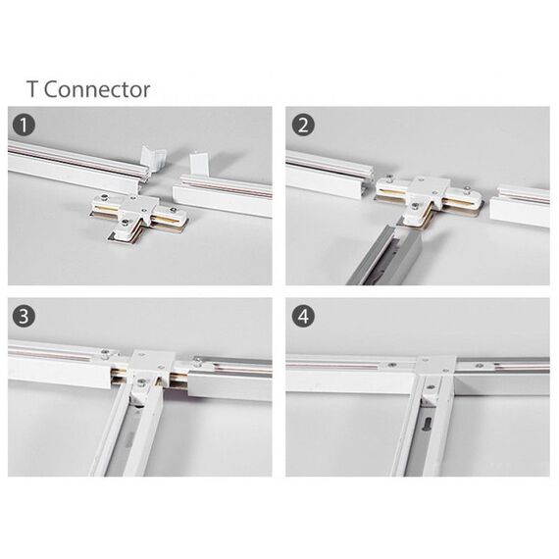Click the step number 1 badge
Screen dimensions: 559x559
[x=24, y=126]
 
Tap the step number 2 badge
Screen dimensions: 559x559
[x=303, y=126]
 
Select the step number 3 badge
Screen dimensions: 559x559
[x=24, y=316]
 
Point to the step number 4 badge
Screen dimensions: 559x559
[x=303, y=316]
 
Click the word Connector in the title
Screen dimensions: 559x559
[x=97, y=89]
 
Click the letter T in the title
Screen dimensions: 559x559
[x=31, y=89]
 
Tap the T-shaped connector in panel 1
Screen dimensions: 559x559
[x=139, y=217]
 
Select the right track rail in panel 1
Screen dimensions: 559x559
[x=222, y=194]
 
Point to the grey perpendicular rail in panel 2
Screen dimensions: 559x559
[x=384, y=255]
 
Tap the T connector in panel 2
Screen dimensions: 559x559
[x=429, y=200]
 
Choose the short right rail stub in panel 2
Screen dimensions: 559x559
[x=520, y=205]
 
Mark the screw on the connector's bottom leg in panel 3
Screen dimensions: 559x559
[x=141, y=382]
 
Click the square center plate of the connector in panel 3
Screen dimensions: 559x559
[x=151, y=365]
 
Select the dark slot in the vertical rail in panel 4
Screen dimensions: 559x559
[x=427, y=426]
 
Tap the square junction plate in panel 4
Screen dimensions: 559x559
[x=435, y=365]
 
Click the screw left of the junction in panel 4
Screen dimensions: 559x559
[x=392, y=365]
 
